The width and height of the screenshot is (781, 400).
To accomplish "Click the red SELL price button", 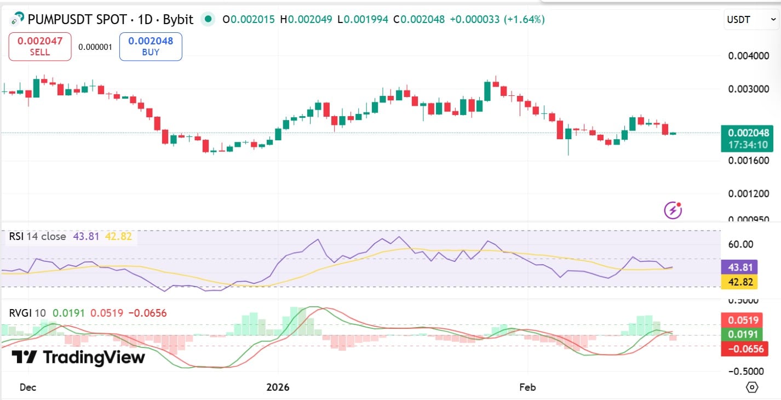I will (40, 46).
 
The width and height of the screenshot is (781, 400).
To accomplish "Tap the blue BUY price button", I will (151, 46).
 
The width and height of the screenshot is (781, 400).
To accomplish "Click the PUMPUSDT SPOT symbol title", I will (110, 20).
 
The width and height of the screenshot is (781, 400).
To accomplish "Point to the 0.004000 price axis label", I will (748, 56).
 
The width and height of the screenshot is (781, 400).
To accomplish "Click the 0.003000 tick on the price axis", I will (748, 89).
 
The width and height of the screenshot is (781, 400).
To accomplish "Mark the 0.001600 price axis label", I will (748, 161).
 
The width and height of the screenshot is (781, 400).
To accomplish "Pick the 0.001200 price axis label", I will (748, 193).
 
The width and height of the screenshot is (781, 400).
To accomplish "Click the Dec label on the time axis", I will (27, 387).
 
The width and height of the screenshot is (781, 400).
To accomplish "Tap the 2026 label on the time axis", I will (277, 387).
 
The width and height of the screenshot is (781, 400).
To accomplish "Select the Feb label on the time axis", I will (527, 387).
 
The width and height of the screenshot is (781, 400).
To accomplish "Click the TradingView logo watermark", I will (78, 358).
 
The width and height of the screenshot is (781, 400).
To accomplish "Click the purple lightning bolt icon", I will (673, 210).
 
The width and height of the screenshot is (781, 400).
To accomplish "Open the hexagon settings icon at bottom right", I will (752, 387).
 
